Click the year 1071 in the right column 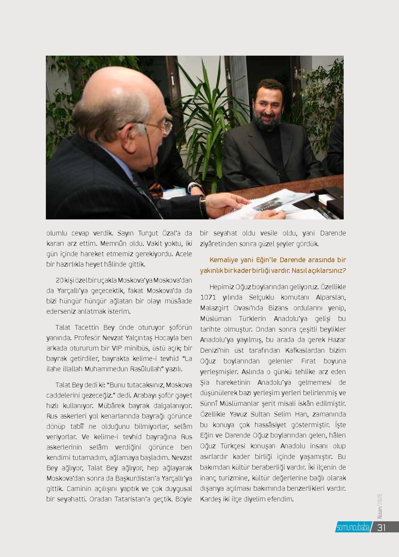208,297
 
